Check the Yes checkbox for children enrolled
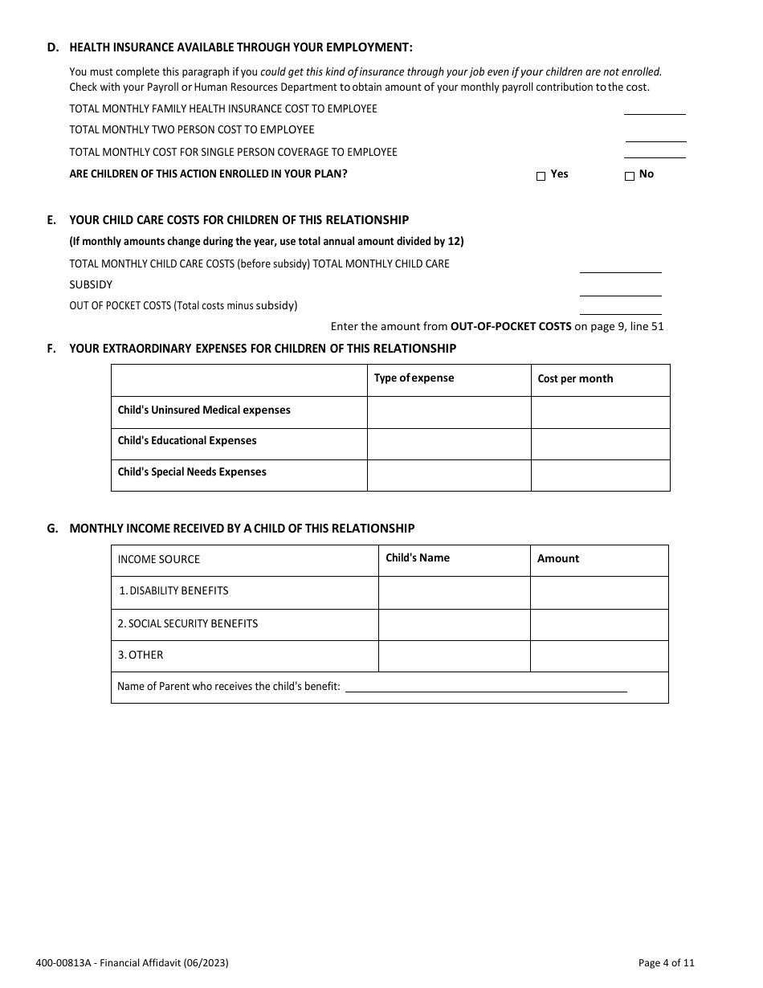[541, 177]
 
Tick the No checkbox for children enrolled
[630, 177]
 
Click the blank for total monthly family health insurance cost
[655, 109]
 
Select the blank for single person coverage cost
[655, 152]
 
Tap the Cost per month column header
[575, 379]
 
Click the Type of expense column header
[414, 378]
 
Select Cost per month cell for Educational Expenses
[600, 443]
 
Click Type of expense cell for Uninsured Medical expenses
[448, 412]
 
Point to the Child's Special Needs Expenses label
[192, 472]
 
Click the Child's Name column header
[418, 558]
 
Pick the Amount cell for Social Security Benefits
[598, 624]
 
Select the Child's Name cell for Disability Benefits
[454, 592]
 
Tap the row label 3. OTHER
[141, 655]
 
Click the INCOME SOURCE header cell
[159, 560]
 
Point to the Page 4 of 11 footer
[666, 963]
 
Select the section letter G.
[52, 529]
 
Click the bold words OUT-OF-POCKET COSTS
[511, 327]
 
